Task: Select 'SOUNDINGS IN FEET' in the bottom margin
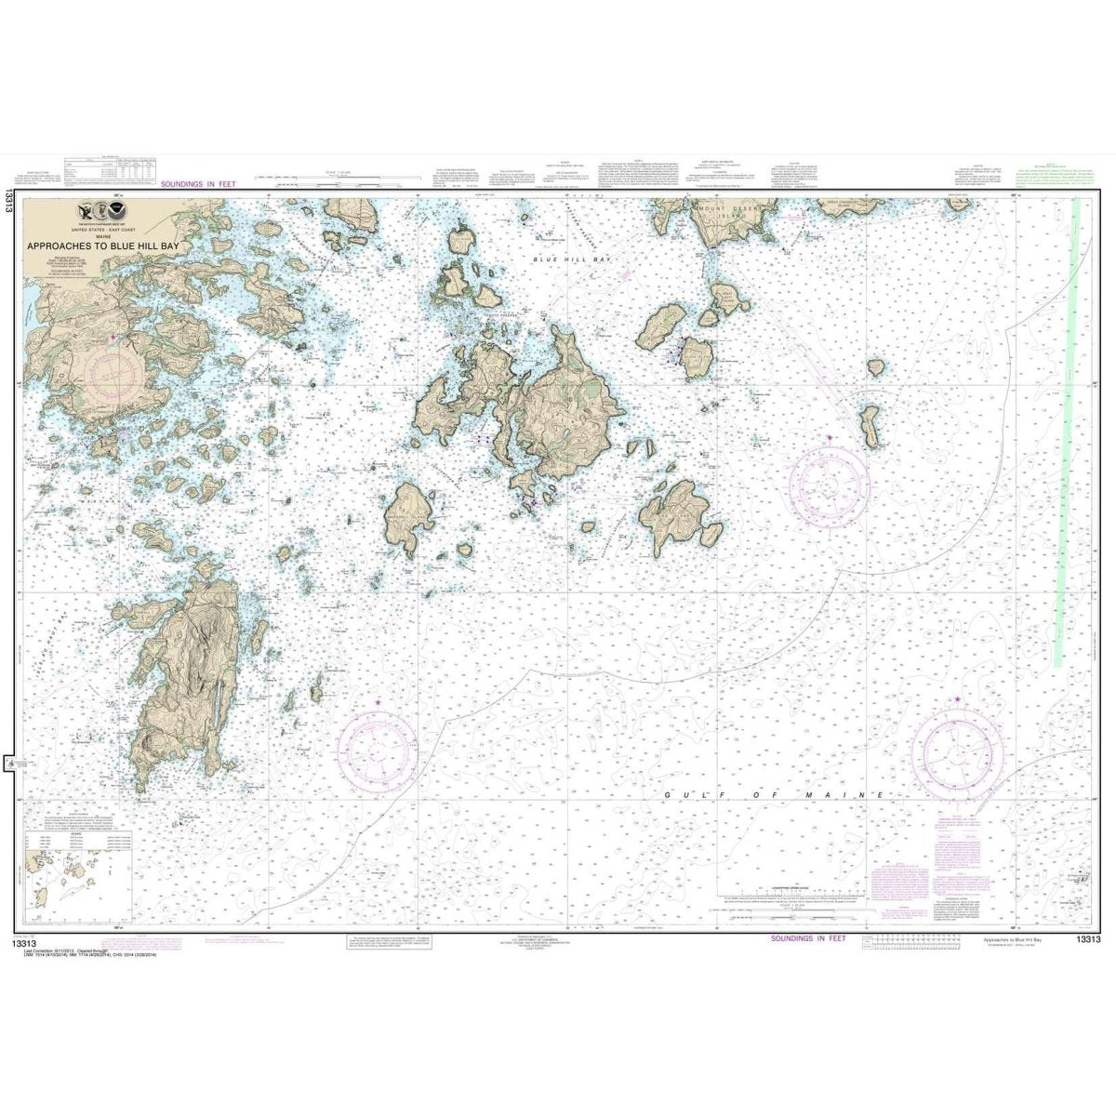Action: point(808,939)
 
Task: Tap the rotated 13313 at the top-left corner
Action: point(8,201)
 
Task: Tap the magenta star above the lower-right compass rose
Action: point(958,699)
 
